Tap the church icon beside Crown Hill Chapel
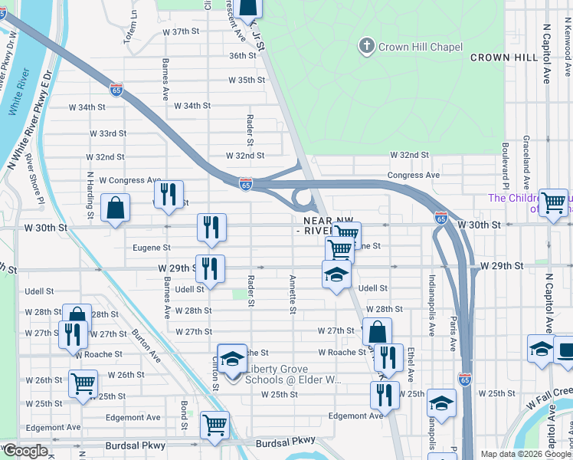[366, 47]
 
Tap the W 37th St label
[182, 31]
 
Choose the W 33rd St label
[107, 133]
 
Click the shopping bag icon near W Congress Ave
[115, 207]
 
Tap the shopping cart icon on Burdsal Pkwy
[214, 425]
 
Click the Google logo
[25, 451]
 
